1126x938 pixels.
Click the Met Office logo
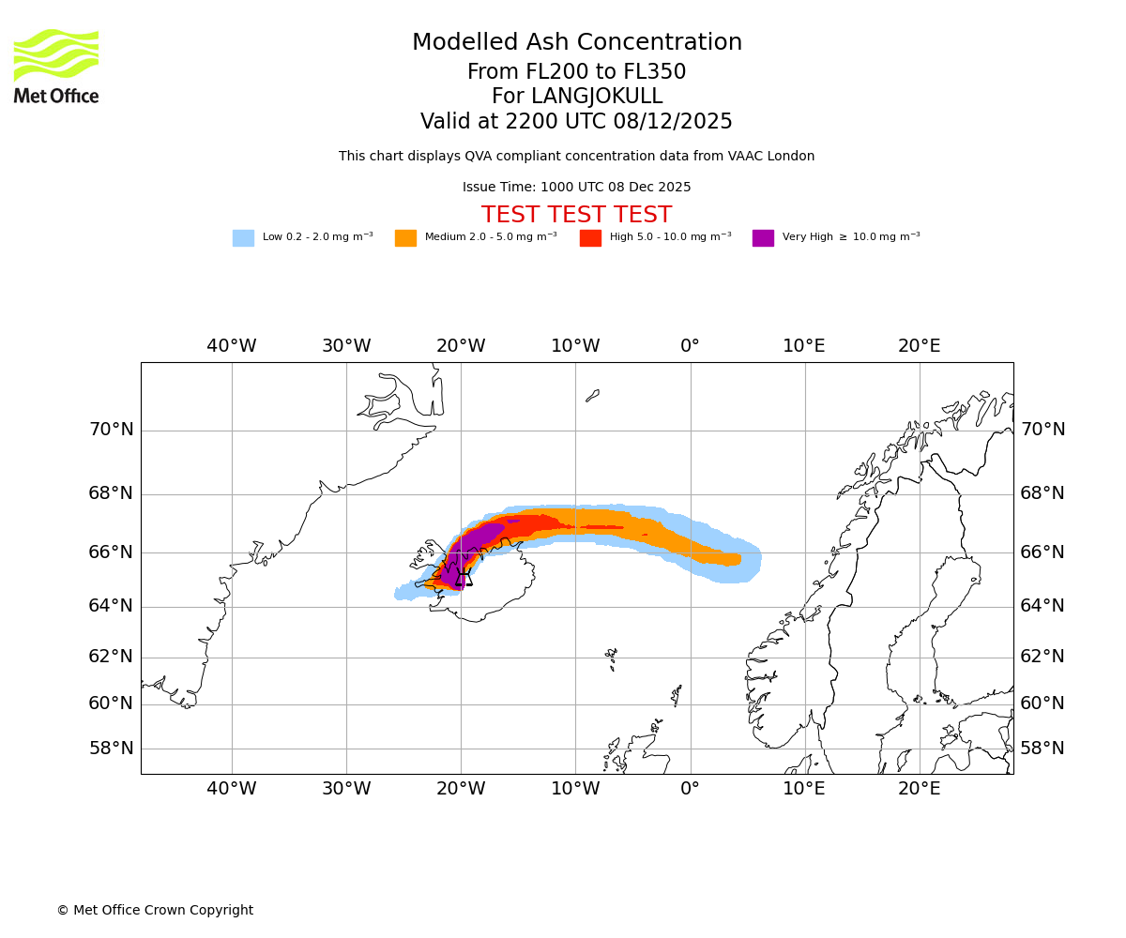[56, 66]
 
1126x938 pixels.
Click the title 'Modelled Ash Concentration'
[577, 43]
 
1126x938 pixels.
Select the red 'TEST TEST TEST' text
[576, 216]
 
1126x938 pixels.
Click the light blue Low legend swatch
[243, 238]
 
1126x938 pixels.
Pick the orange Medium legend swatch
[405, 238]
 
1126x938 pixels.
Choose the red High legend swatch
[590, 238]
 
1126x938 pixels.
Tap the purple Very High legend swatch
[763, 238]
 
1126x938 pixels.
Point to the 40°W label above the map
[231, 346]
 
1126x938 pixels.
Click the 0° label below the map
[690, 789]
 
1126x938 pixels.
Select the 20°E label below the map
[919, 789]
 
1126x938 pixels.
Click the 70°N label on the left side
[111, 431]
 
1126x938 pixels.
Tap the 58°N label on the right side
[1042, 749]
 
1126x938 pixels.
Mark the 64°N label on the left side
[111, 606]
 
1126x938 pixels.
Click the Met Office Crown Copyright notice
[155, 911]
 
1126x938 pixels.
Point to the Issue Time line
[576, 188]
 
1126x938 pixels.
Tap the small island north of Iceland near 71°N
[592, 396]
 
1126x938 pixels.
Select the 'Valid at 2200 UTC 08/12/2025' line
[576, 122]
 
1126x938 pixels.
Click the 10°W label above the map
[575, 346]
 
